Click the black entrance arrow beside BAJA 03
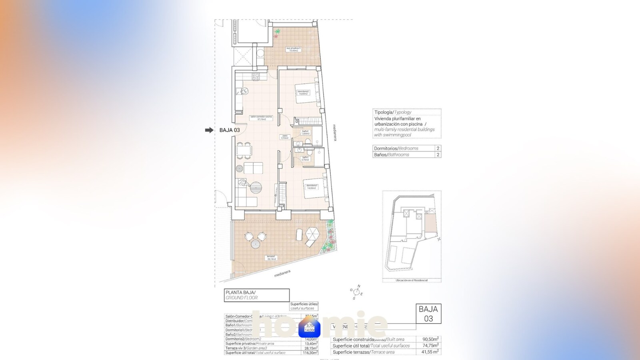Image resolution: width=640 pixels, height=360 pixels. [209, 130]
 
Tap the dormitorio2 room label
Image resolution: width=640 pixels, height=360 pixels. [303, 92]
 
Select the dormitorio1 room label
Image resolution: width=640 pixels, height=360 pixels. [312, 186]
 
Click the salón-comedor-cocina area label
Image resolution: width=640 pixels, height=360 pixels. [261, 118]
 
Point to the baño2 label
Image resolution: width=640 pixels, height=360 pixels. [305, 132]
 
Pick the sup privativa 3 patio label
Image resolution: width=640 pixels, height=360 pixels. [293, 49]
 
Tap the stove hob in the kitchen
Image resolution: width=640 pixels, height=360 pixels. [255, 76]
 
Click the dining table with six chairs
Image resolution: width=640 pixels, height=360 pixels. [244, 150]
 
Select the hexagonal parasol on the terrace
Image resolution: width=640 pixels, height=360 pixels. [312, 233]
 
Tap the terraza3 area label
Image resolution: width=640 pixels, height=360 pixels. [271, 258]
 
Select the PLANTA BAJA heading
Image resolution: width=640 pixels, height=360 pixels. [240, 292]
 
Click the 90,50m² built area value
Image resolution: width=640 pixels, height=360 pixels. [430, 339]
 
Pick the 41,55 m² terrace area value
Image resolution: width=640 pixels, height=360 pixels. [430, 352]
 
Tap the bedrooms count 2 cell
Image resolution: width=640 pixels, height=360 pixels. [438, 148]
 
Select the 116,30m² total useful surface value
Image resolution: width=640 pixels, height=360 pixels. [310, 352]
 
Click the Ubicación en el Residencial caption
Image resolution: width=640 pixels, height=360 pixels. [411, 280]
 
